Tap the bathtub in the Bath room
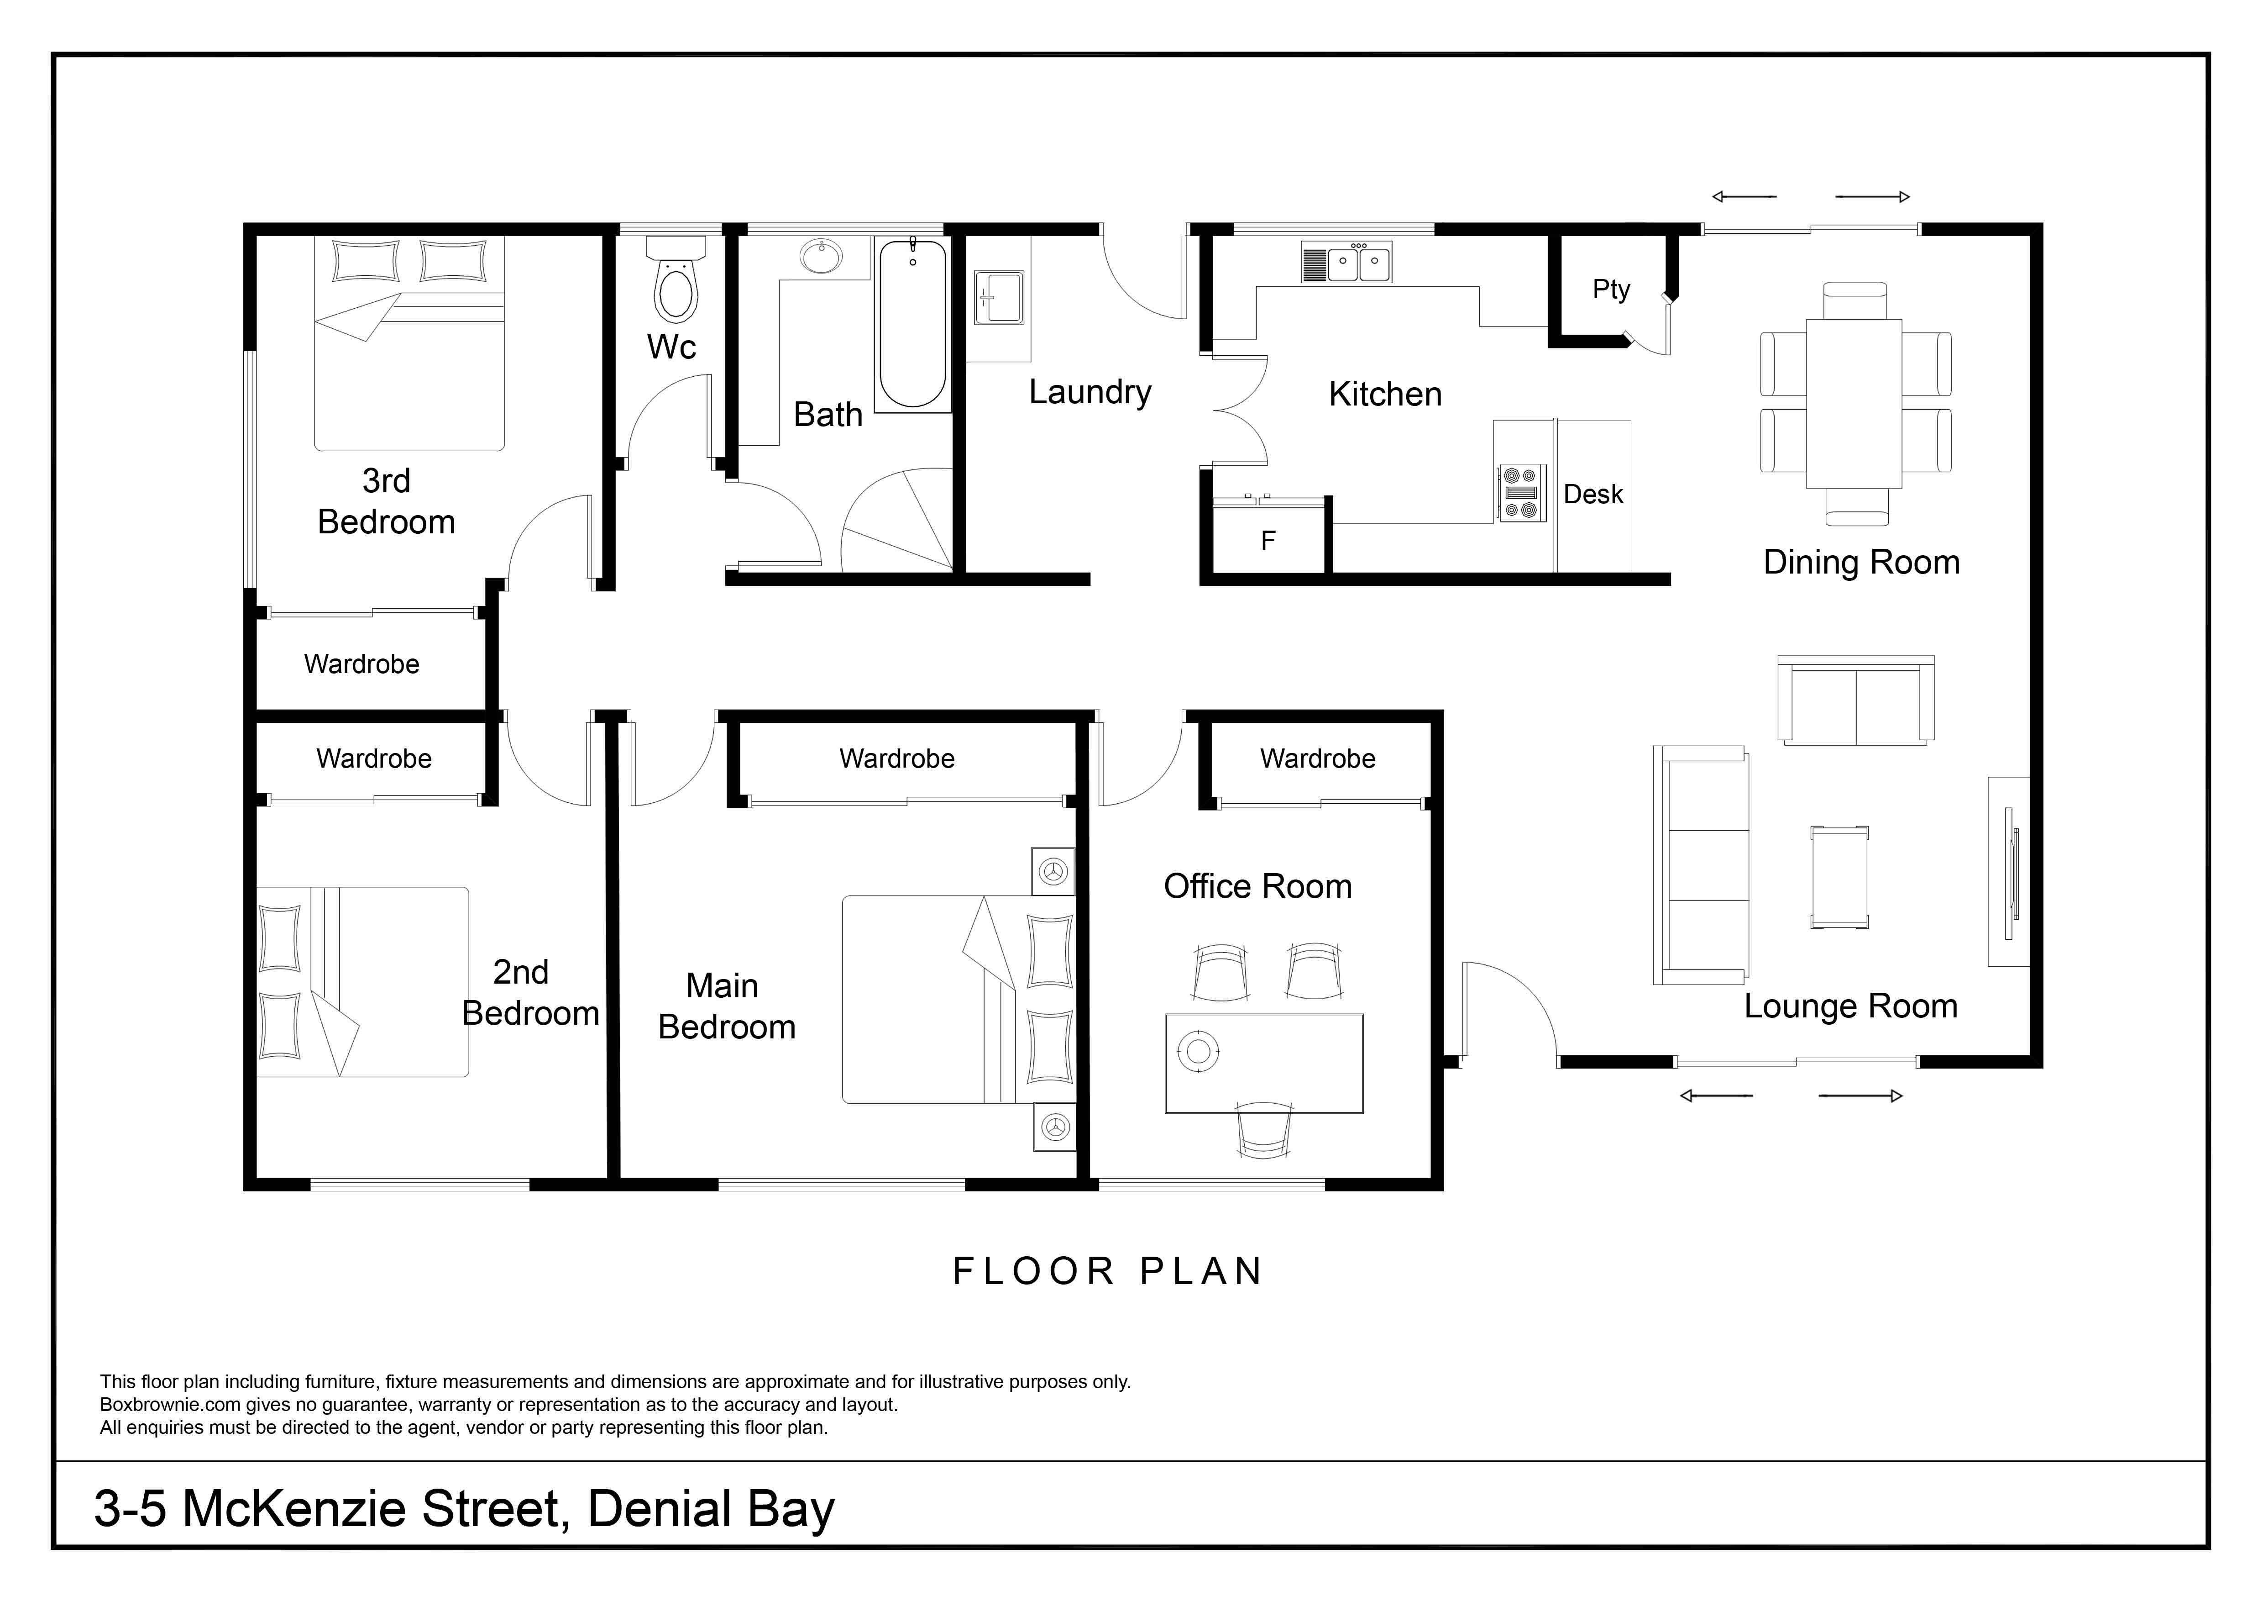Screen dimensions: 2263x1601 tap(913, 323)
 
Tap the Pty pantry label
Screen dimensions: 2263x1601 tap(1612, 290)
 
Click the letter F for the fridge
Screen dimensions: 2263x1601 tap(1268, 540)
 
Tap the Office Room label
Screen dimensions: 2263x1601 tap(1257, 886)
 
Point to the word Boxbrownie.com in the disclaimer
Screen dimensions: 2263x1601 tap(171, 1405)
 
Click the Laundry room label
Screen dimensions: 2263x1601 tap(1090, 392)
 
